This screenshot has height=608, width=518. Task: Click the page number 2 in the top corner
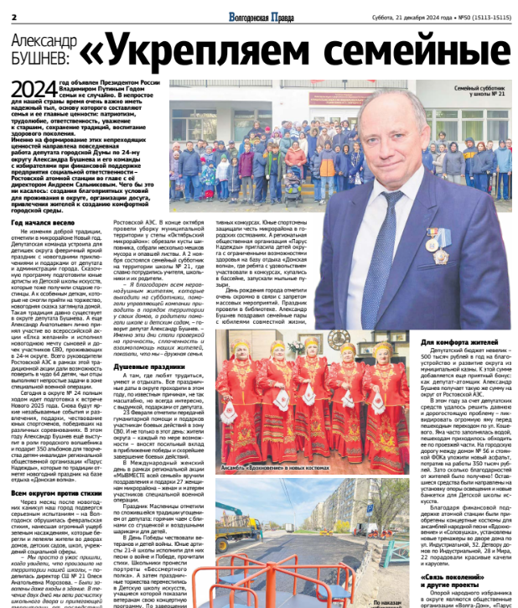pos(14,17)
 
